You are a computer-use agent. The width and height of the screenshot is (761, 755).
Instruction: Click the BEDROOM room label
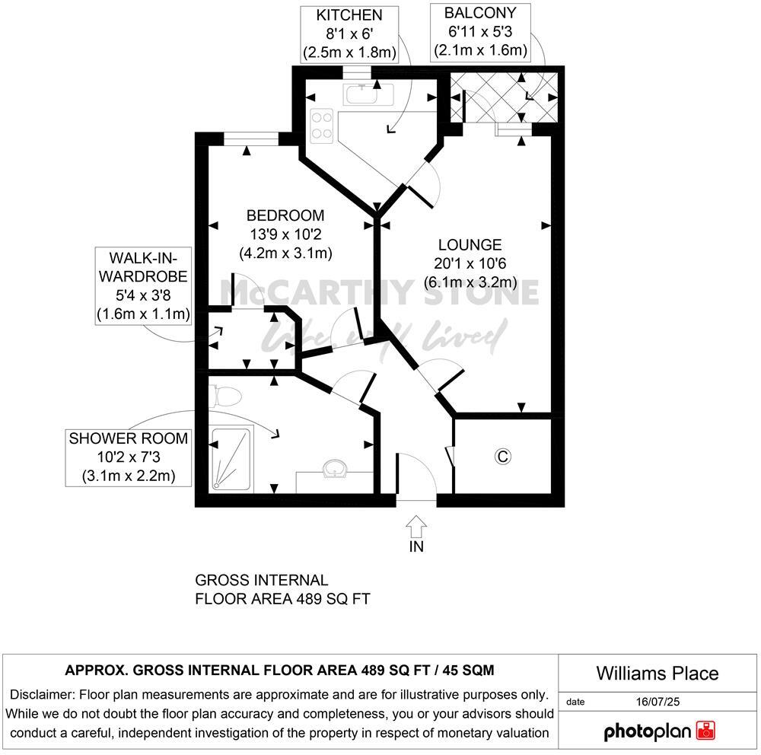285,215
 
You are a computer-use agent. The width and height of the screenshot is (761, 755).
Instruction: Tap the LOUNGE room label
470,245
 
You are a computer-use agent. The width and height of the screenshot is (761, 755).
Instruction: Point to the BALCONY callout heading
480,13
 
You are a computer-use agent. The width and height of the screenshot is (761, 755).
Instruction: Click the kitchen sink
368,94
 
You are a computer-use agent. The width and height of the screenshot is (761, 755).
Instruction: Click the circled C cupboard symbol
501,457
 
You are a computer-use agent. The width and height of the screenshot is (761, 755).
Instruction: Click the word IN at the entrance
416,546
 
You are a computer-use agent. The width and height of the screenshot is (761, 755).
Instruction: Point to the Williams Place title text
657,673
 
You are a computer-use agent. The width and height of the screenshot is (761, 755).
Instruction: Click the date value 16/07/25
661,702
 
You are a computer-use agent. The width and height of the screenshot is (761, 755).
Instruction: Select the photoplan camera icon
706,731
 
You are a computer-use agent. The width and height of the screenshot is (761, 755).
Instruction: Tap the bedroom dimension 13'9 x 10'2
285,234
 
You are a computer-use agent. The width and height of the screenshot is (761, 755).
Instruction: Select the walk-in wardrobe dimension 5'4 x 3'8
142,295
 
